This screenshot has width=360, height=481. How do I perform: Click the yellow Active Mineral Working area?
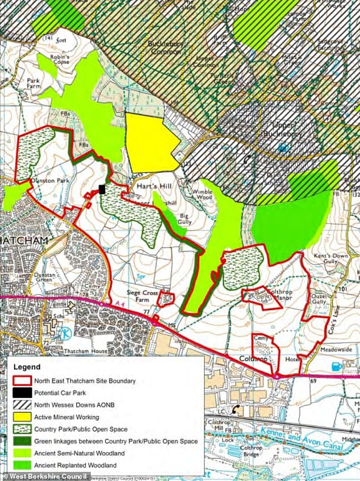[150, 142]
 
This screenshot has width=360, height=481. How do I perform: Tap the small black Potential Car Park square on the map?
[102, 189]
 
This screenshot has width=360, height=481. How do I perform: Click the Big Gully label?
[185, 219]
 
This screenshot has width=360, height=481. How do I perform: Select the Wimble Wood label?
[202, 196]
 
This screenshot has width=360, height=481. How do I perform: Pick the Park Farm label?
[34, 85]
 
